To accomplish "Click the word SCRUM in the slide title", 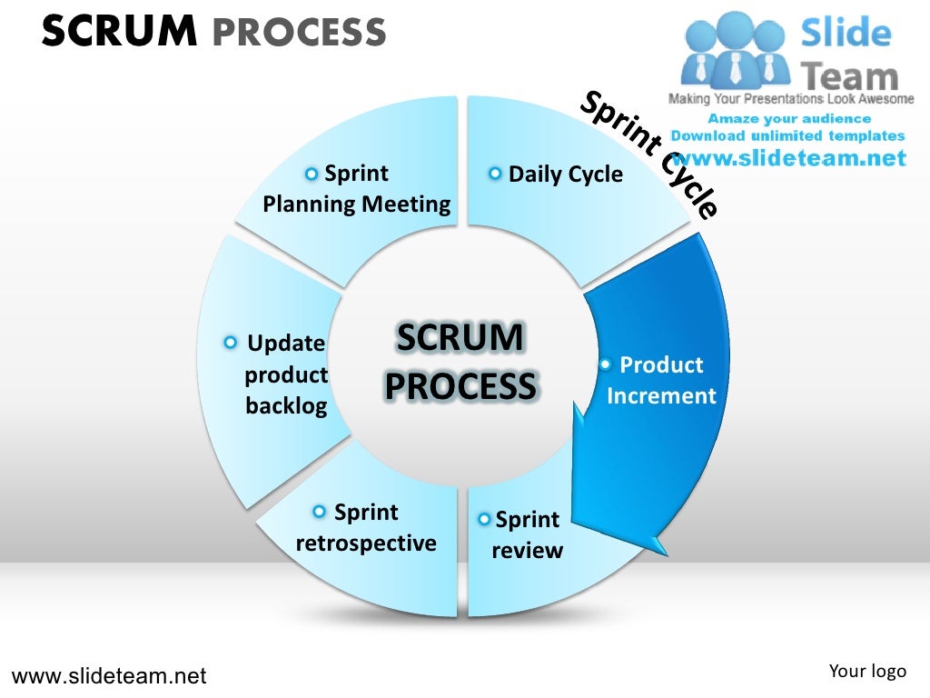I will point(119,32).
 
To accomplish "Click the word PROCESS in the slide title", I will point(299,34).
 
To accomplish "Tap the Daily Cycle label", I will point(565,174).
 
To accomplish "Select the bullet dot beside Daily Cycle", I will point(495,174).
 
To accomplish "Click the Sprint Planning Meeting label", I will point(356,189).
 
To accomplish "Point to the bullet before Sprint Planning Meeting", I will point(312,174).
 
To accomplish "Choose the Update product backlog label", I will point(286,374).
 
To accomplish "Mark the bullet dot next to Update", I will point(231,343).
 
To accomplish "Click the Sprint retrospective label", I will point(366,528).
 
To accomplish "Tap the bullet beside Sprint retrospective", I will point(319,513).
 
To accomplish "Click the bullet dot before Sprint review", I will point(485,520).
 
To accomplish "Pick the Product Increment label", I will point(661,380).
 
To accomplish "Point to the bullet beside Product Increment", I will point(605,364).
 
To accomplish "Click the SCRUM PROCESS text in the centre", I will point(461,362).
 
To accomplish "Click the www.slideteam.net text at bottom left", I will point(109,676).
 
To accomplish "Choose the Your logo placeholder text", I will point(867,672).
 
